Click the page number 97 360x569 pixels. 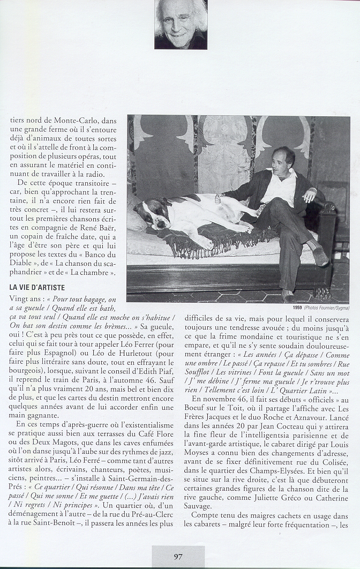[178, 556]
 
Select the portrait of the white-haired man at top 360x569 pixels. [181, 24]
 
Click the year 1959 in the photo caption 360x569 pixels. [297, 308]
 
